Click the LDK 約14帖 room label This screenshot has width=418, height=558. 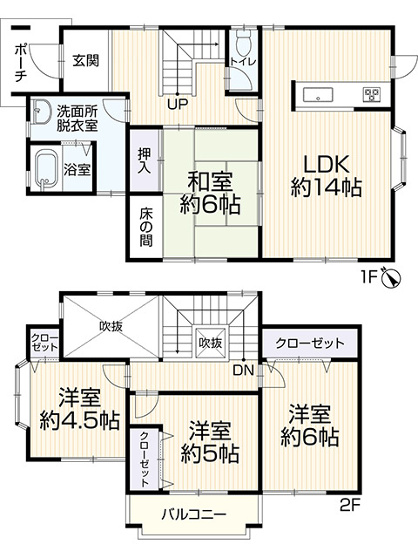(326, 174)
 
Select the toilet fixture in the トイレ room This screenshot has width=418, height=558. (243, 41)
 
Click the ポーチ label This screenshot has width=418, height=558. (20, 62)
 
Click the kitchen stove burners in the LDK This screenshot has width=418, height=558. (372, 93)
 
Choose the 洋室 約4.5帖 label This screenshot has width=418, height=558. (78, 408)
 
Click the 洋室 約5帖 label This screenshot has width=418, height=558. (211, 441)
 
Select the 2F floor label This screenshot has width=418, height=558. (350, 504)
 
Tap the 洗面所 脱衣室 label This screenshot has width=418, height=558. (78, 118)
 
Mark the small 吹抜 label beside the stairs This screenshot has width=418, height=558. (210, 343)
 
